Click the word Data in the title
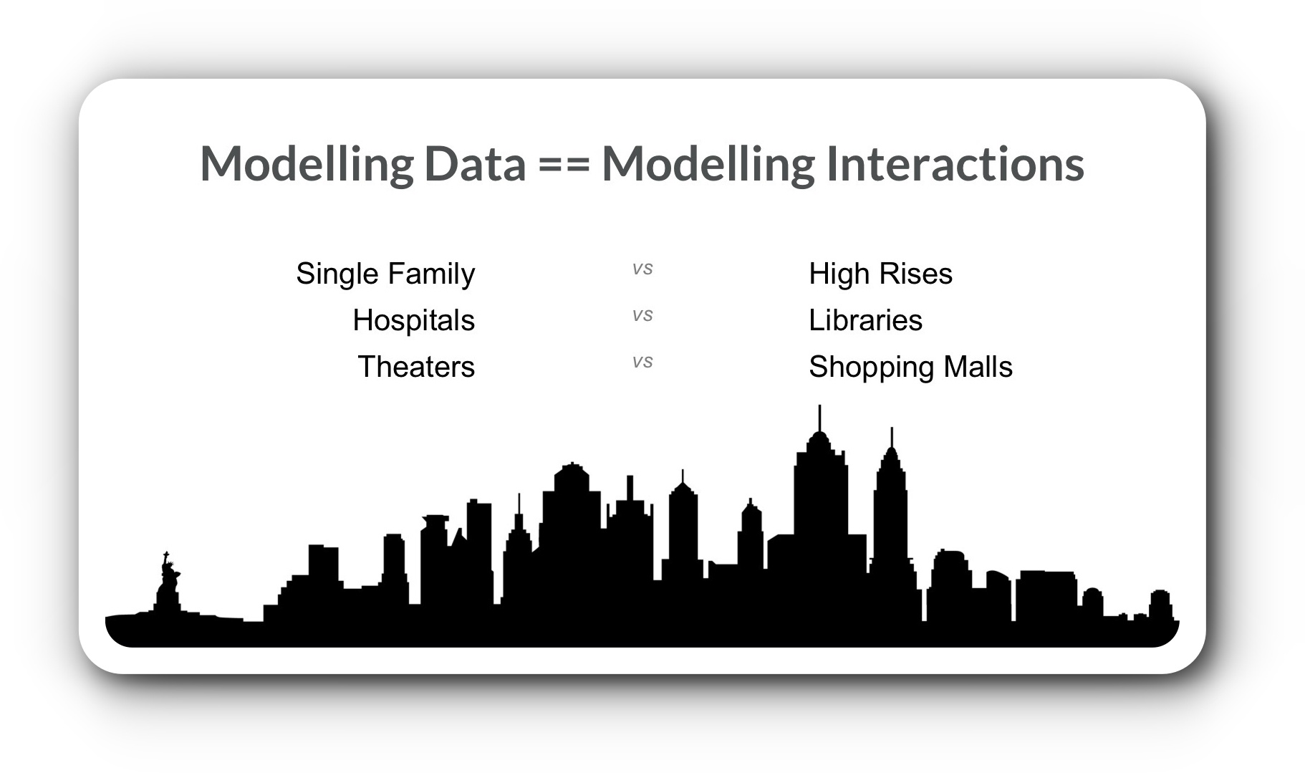click(475, 163)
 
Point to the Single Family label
click(385, 274)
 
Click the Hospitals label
click(413, 320)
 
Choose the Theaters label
click(416, 367)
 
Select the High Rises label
click(880, 274)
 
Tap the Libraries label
click(865, 320)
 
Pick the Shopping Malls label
click(910, 368)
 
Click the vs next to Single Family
click(642, 269)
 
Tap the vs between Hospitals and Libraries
click(642, 315)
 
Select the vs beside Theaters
click(642, 362)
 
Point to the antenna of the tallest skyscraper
click(819, 418)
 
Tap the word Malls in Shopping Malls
click(978, 367)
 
